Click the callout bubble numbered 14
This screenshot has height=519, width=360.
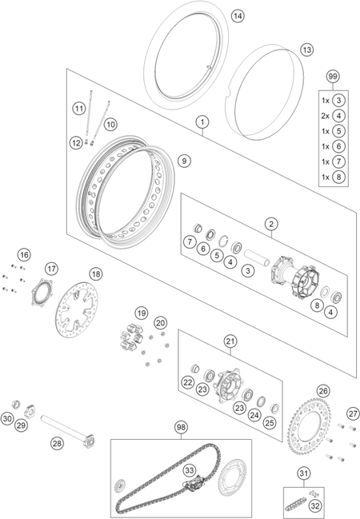tap(238, 16)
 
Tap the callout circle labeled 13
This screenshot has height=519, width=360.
tap(306, 50)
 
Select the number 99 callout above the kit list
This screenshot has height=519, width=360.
tap(332, 77)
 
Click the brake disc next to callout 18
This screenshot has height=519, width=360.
tap(77, 309)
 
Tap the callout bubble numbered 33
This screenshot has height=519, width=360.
tap(190, 469)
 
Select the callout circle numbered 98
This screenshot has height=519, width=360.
tap(181, 427)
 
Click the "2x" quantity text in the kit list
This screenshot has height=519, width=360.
tap(326, 116)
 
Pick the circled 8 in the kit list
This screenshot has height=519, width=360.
tap(338, 177)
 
